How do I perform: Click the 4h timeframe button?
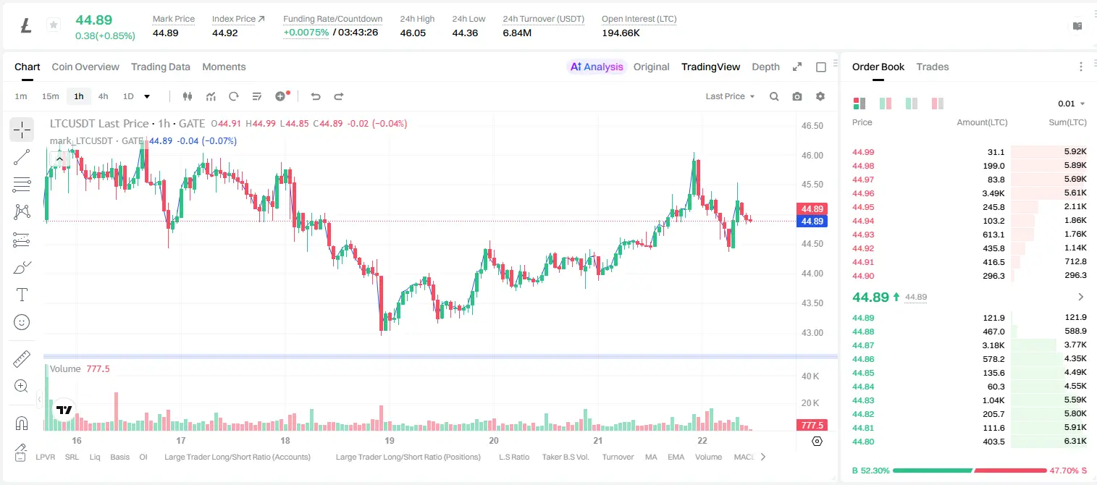click(x=103, y=96)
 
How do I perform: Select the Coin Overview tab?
click(x=85, y=67)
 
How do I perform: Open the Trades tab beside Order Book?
click(x=933, y=67)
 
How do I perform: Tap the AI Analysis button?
click(x=597, y=67)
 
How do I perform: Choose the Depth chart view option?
click(x=765, y=67)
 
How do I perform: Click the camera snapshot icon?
click(x=797, y=96)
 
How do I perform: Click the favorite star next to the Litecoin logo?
click(x=54, y=25)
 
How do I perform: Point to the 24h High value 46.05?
click(x=413, y=33)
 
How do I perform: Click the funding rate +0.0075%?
click(x=306, y=33)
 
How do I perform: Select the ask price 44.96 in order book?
click(x=863, y=193)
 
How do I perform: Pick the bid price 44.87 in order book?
click(x=863, y=345)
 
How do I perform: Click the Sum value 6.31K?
click(x=1075, y=441)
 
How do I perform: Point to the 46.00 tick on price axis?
click(x=812, y=155)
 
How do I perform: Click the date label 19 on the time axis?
click(x=390, y=440)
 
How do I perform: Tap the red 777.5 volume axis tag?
click(x=812, y=425)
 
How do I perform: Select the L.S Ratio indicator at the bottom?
click(x=513, y=457)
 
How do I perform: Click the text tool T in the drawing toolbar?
click(x=22, y=295)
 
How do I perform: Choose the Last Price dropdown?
click(x=730, y=96)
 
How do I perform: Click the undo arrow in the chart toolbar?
click(x=316, y=96)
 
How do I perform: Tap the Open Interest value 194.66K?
click(x=621, y=33)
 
